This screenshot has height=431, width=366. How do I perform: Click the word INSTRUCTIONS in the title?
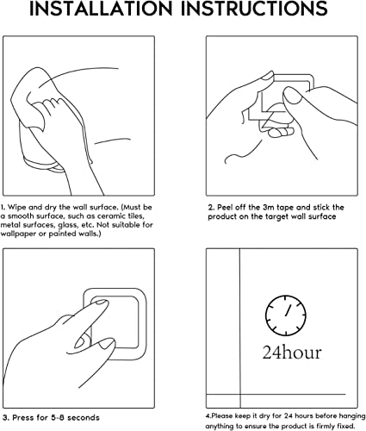[x=254, y=9]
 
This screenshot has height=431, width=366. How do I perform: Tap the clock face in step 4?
[x=286, y=315]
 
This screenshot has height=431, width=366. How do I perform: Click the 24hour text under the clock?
[x=292, y=352]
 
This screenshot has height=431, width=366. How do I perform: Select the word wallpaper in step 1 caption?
[x=18, y=234]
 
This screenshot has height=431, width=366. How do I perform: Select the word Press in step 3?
[x=23, y=417]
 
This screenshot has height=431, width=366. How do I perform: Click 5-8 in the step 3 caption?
[x=57, y=417]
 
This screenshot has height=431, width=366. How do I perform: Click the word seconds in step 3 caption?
[x=84, y=417]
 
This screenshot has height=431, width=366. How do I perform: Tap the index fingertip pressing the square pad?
[x=102, y=303]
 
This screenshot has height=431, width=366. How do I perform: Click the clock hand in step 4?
[x=288, y=310]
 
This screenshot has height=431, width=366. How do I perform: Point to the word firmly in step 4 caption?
[x=319, y=426]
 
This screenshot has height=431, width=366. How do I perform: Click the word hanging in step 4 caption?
[x=352, y=415]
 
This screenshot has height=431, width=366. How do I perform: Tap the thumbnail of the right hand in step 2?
[x=292, y=97]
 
